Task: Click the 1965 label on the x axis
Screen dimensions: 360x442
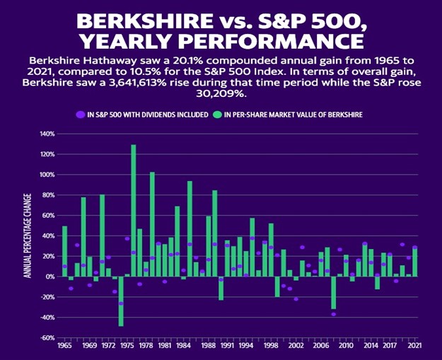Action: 64,347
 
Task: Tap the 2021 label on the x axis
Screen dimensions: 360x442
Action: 414,347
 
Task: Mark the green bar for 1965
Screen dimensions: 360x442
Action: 65,251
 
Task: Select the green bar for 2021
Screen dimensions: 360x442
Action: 414,262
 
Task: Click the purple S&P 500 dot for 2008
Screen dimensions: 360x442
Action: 333,314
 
